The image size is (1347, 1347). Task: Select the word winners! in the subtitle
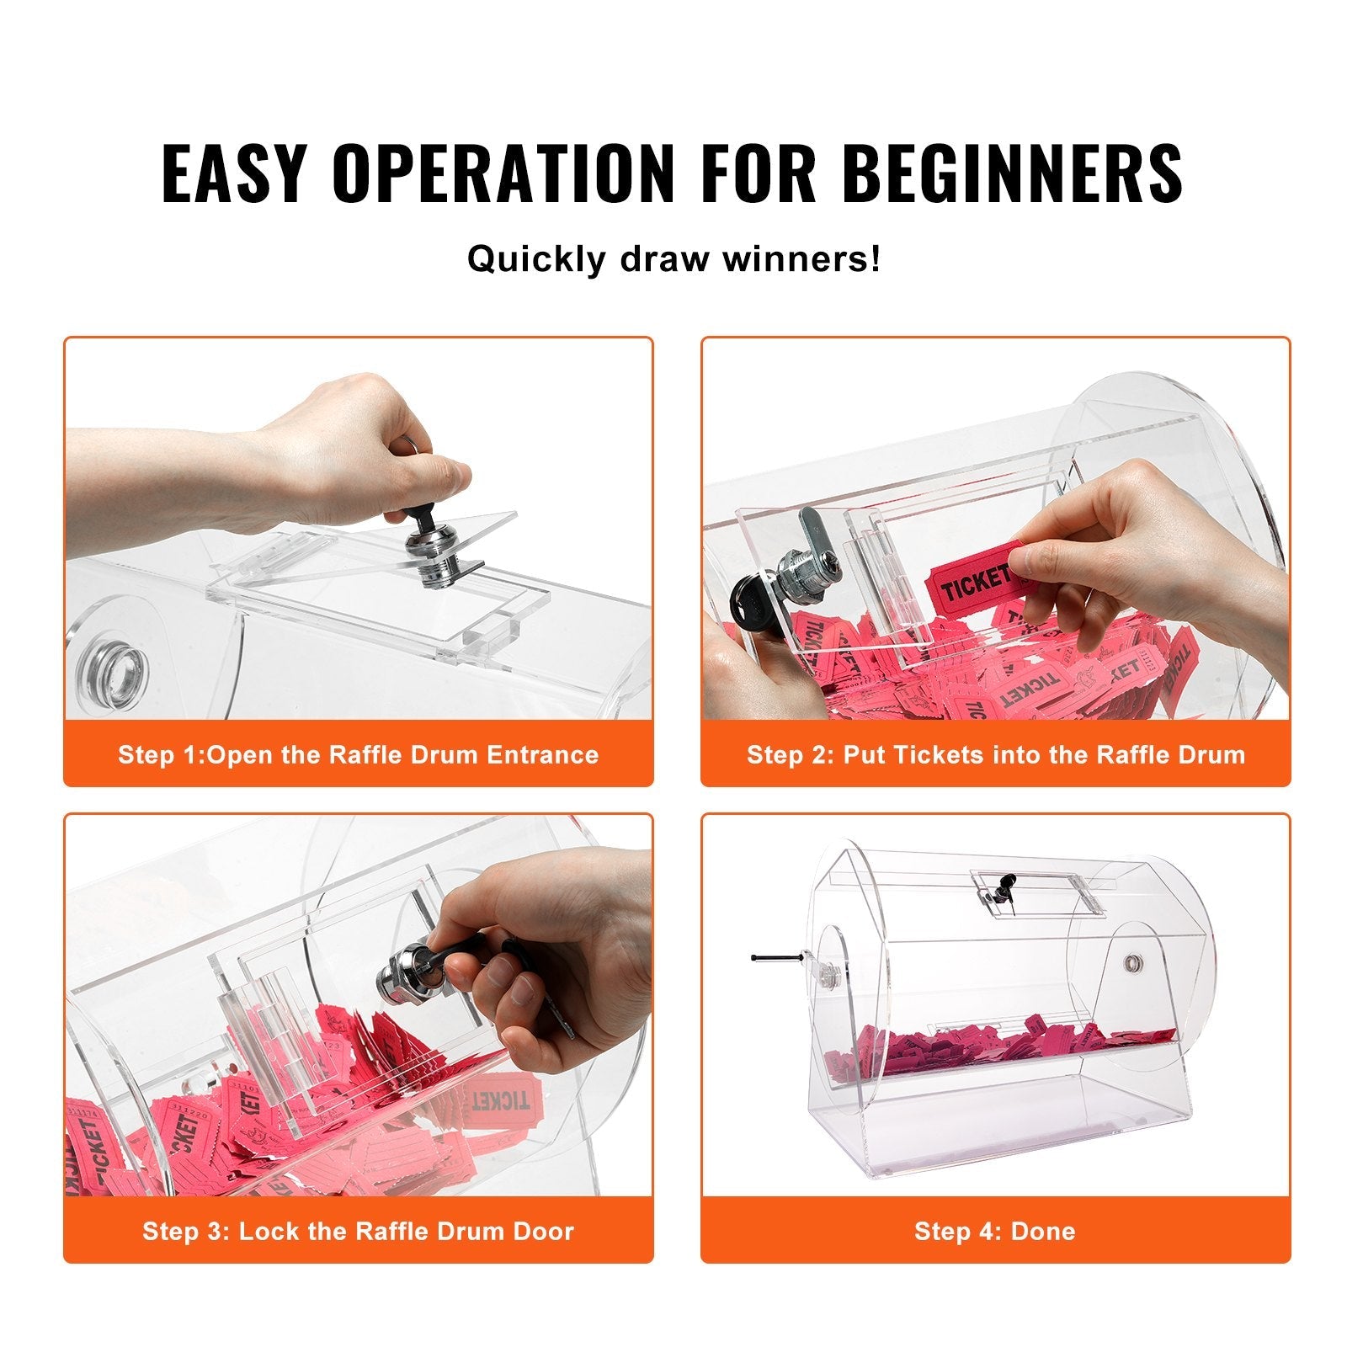[801, 259]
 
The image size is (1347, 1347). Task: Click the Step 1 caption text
[358, 754]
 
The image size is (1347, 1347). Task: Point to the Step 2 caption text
[995, 754]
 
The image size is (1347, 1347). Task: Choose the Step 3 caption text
[358, 1231]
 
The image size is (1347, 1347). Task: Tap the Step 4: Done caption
[995, 1231]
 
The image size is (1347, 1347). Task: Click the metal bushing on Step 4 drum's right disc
[1133, 961]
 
